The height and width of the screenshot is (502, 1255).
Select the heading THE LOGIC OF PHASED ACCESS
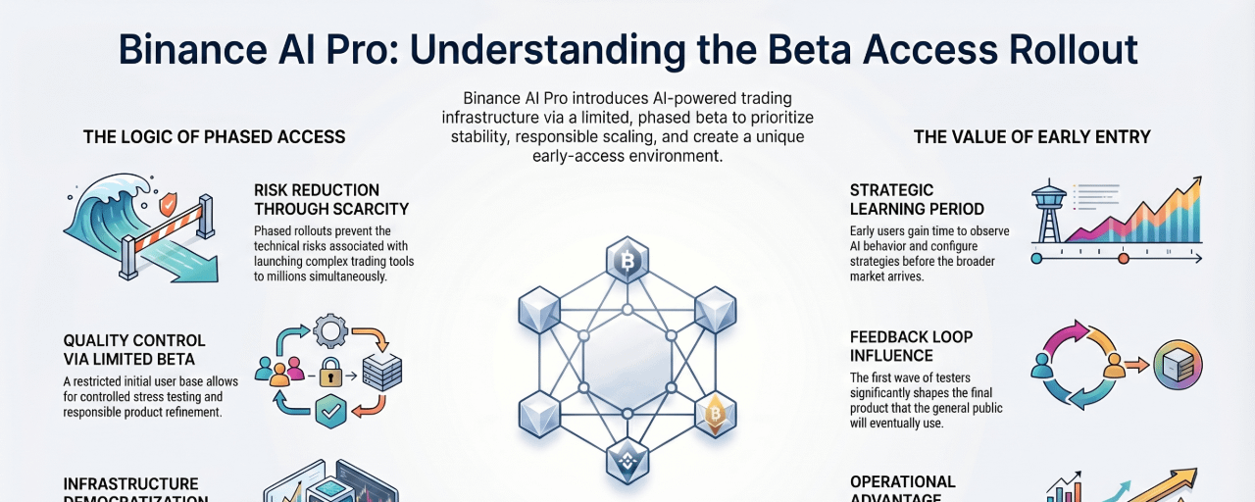(215, 136)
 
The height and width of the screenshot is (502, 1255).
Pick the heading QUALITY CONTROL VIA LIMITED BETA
(134, 350)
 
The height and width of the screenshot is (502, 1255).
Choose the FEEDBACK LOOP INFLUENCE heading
(911, 346)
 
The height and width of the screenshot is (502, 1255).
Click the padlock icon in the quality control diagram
(330, 373)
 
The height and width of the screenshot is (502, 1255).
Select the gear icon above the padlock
(329, 332)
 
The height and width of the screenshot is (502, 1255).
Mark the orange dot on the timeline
(1124, 259)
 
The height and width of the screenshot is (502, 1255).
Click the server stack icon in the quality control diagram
(381, 373)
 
